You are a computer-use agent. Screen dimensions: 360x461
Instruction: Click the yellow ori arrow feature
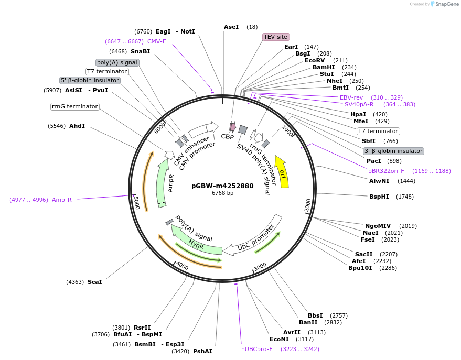pos(282,172)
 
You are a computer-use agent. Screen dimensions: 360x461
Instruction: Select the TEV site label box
pos(275,37)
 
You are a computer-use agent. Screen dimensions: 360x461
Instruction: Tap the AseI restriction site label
pos(231,27)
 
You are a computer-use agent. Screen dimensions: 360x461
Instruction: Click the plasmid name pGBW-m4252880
pos(222,186)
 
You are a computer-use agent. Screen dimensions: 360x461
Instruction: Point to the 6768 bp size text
pos(222,193)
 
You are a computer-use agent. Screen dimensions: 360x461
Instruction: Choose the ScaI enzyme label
pos(95,282)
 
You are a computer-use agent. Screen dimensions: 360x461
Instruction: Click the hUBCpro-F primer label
pos(257,349)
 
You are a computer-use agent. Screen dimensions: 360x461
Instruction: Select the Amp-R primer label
pos(62,200)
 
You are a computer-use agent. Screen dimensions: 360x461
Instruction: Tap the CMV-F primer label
pos(156,41)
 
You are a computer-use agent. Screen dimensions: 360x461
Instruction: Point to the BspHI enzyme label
pos(379,197)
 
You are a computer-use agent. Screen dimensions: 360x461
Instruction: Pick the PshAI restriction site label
pos(202,351)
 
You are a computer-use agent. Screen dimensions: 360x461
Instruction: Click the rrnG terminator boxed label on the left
pos(75,106)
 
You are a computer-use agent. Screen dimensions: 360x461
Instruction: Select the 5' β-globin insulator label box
pos(90,81)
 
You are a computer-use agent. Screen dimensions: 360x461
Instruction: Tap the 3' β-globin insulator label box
pos(393,151)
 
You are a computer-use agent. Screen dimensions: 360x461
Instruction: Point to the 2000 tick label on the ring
pos(308,205)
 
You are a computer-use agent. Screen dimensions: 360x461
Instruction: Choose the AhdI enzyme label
pos(77,126)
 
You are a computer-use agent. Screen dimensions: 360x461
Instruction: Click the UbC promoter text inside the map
pos(256,237)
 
